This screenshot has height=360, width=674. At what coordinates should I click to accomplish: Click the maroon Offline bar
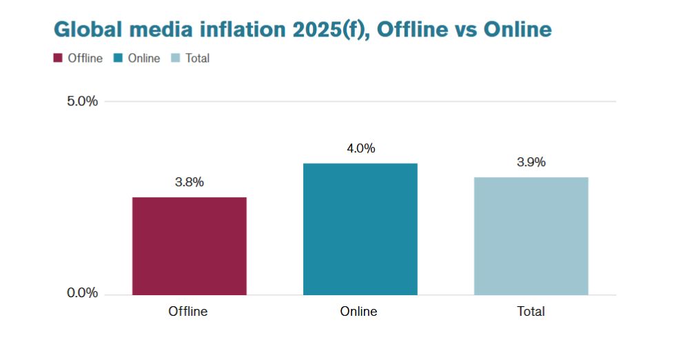[189, 246]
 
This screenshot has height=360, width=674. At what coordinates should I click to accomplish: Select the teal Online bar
[360, 229]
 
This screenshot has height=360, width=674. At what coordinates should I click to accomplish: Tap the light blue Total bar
[531, 236]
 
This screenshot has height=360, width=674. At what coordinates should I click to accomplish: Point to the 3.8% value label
[190, 183]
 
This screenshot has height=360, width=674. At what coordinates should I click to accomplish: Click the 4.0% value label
[360, 148]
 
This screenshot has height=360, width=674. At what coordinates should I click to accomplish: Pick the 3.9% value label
[531, 163]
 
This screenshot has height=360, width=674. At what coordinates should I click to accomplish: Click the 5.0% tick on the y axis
[82, 101]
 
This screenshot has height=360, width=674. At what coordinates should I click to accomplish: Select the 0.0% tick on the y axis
[82, 294]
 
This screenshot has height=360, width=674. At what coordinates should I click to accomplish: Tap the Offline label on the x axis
[188, 312]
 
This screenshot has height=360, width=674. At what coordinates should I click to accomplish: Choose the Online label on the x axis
[358, 312]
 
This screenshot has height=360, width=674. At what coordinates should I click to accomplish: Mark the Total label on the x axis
[531, 312]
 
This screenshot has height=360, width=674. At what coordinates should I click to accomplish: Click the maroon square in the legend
[58, 59]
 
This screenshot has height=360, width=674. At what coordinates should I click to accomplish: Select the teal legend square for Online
[119, 59]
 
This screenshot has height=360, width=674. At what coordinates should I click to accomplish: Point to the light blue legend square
[176, 59]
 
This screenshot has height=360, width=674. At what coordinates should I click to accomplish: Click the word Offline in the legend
[85, 59]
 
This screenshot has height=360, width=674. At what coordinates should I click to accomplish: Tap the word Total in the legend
[197, 59]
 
